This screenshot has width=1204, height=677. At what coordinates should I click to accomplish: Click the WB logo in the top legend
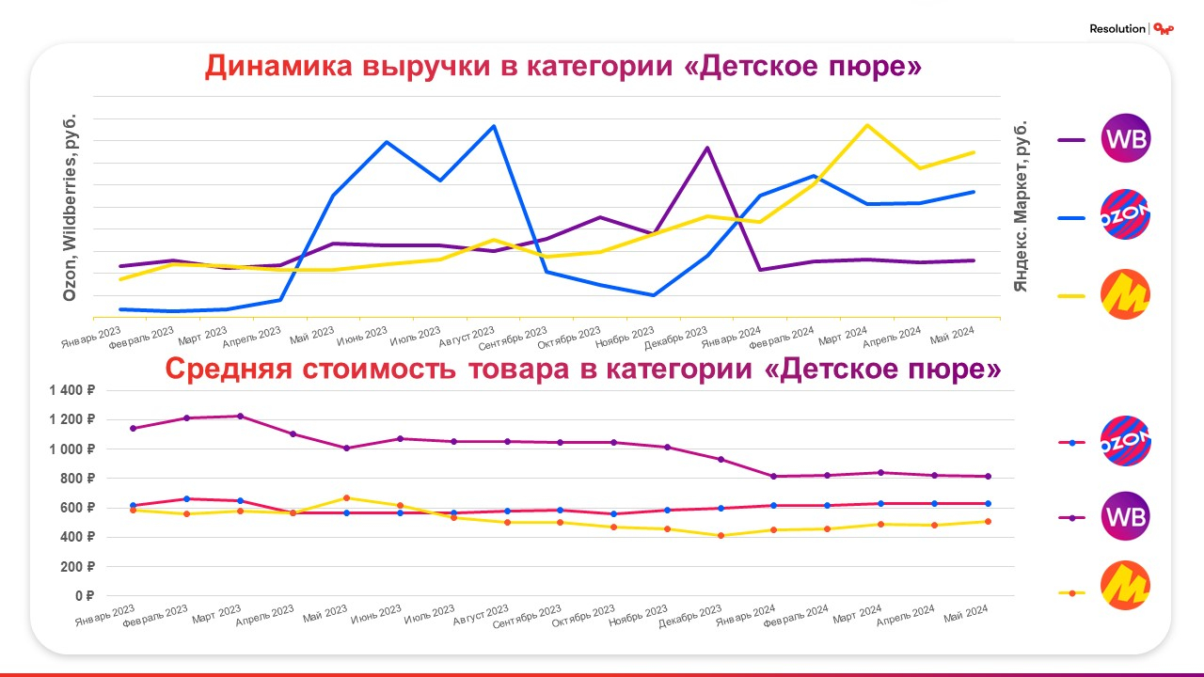[1125, 139]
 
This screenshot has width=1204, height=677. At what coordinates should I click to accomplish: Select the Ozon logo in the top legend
[1125, 215]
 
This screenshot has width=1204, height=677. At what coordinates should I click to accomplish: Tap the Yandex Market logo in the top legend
[1125, 296]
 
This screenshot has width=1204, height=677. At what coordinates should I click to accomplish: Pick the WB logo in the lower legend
[1125, 516]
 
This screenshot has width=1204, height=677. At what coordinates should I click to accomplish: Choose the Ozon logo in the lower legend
[1125, 442]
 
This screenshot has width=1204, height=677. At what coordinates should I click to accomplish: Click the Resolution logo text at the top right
[1117, 29]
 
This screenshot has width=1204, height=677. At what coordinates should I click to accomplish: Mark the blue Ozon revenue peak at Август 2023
[494, 125]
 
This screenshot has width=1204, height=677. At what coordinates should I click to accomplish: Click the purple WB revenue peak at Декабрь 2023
[706, 148]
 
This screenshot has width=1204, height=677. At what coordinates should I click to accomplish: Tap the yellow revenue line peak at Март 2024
[866, 125]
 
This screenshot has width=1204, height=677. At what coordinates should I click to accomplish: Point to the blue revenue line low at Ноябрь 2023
[653, 295]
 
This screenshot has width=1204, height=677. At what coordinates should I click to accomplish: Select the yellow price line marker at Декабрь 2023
[721, 535]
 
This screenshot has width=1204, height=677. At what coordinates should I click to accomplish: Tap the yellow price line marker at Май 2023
[346, 497]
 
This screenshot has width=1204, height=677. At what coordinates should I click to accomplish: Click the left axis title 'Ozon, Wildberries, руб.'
[69, 209]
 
